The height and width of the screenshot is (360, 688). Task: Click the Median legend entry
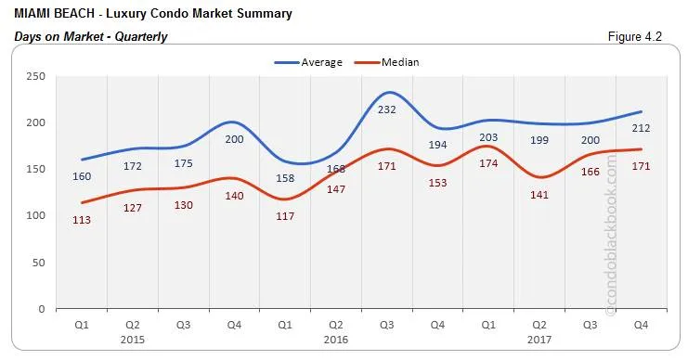[398, 63]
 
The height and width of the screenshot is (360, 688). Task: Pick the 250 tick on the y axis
[36, 77]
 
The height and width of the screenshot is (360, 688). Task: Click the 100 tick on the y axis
[36, 216]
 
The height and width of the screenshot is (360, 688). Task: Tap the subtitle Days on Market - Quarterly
[91, 37]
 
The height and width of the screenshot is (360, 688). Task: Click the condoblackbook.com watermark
[610, 237]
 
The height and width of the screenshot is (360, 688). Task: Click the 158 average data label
[286, 177]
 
